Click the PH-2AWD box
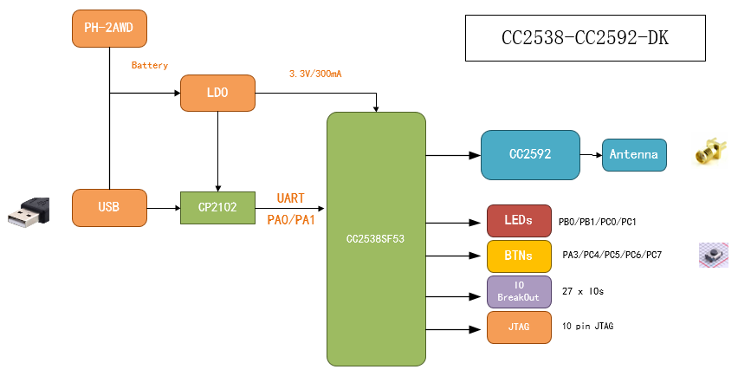(x=108, y=29)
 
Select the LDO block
(x=218, y=93)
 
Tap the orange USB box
(x=109, y=207)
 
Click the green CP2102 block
(x=217, y=207)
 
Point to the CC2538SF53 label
(x=376, y=238)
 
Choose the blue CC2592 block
(x=530, y=155)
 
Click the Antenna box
(x=634, y=155)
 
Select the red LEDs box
(x=519, y=221)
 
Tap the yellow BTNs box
(x=519, y=256)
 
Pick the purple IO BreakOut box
(x=519, y=292)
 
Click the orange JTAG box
(x=519, y=327)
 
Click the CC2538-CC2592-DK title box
(x=585, y=38)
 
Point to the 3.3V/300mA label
(x=315, y=75)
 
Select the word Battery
(x=150, y=66)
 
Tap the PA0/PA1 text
(x=291, y=220)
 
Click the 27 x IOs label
(x=583, y=292)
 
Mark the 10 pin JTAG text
(x=589, y=327)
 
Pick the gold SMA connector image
(x=709, y=152)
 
